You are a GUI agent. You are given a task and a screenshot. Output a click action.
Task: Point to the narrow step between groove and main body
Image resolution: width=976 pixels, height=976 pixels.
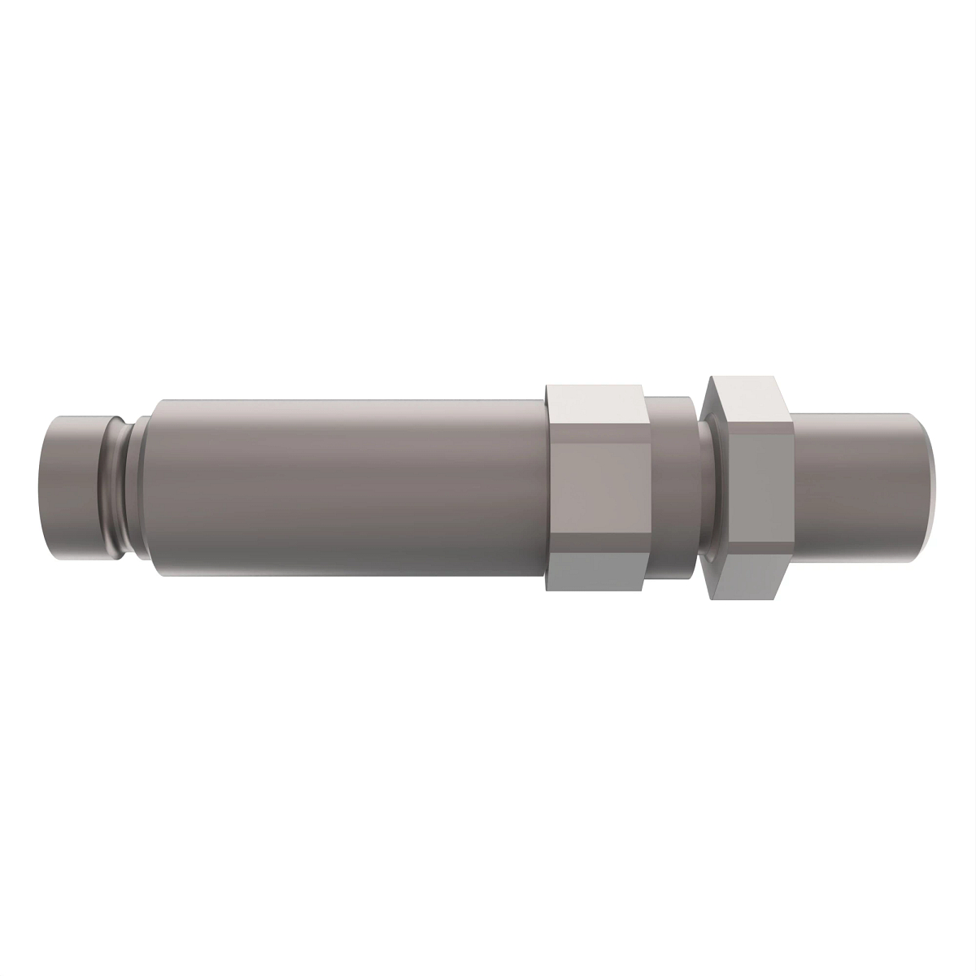pos(140,488)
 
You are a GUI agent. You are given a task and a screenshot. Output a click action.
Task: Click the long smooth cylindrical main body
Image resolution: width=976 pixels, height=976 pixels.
pos(342,488)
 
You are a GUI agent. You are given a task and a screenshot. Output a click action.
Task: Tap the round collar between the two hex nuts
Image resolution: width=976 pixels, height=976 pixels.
pos(672,488)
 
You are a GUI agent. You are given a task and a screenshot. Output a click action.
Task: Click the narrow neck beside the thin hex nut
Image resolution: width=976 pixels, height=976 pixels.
pos(703,488)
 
